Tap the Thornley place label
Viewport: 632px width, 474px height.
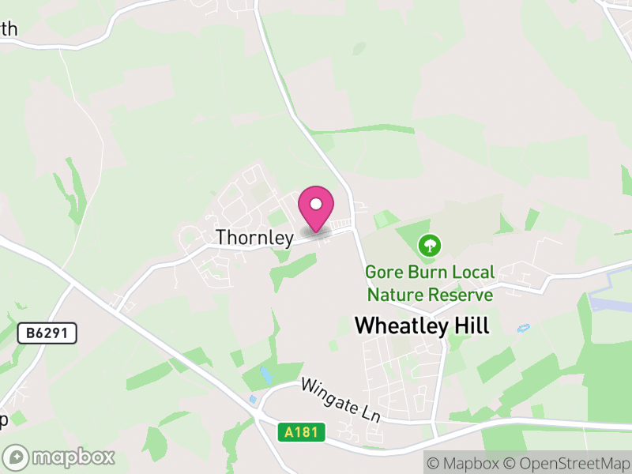pyautogui.click(x=254, y=237)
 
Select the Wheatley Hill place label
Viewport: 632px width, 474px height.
pyautogui.click(x=422, y=325)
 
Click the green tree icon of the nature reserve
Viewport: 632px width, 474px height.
pyautogui.click(x=429, y=246)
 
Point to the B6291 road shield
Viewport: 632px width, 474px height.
pyautogui.click(x=47, y=333)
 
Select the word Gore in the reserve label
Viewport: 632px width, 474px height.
pyautogui.click(x=384, y=273)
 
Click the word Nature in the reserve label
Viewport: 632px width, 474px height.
pyautogui.click(x=393, y=295)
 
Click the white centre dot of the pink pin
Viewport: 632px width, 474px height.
pyautogui.click(x=316, y=204)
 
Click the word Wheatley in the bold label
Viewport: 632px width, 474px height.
pyautogui.click(x=401, y=325)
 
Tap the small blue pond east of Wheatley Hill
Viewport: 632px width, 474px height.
pyautogui.click(x=522, y=328)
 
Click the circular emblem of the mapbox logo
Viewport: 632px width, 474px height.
pyautogui.click(x=17, y=457)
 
